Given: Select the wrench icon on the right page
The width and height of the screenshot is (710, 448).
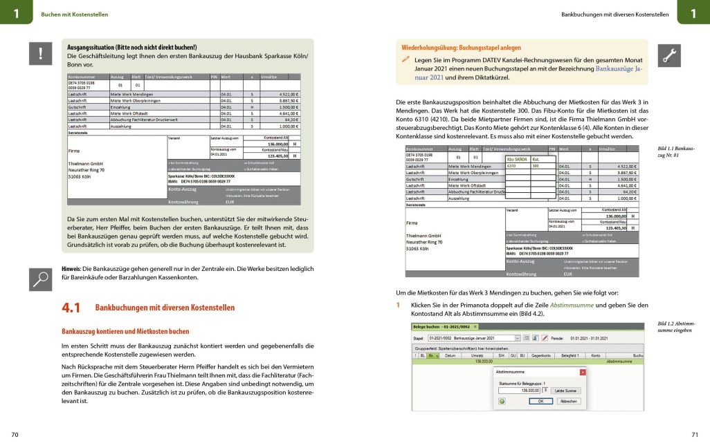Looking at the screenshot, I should pos(669,55).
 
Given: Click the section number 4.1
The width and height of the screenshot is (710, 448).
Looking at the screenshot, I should pos(71,308).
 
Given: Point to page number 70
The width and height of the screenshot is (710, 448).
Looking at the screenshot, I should pos(15,435).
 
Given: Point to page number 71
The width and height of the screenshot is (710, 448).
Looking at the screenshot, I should pos(695,435).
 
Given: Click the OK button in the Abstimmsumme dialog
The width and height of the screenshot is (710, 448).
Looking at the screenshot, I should pos(540,400).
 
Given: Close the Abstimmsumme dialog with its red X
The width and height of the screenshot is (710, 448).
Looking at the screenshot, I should pos(583,372).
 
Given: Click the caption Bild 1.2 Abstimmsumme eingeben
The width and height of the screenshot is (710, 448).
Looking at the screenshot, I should pos(675,327).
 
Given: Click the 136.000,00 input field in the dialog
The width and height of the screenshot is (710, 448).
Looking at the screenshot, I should pos(520,391).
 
